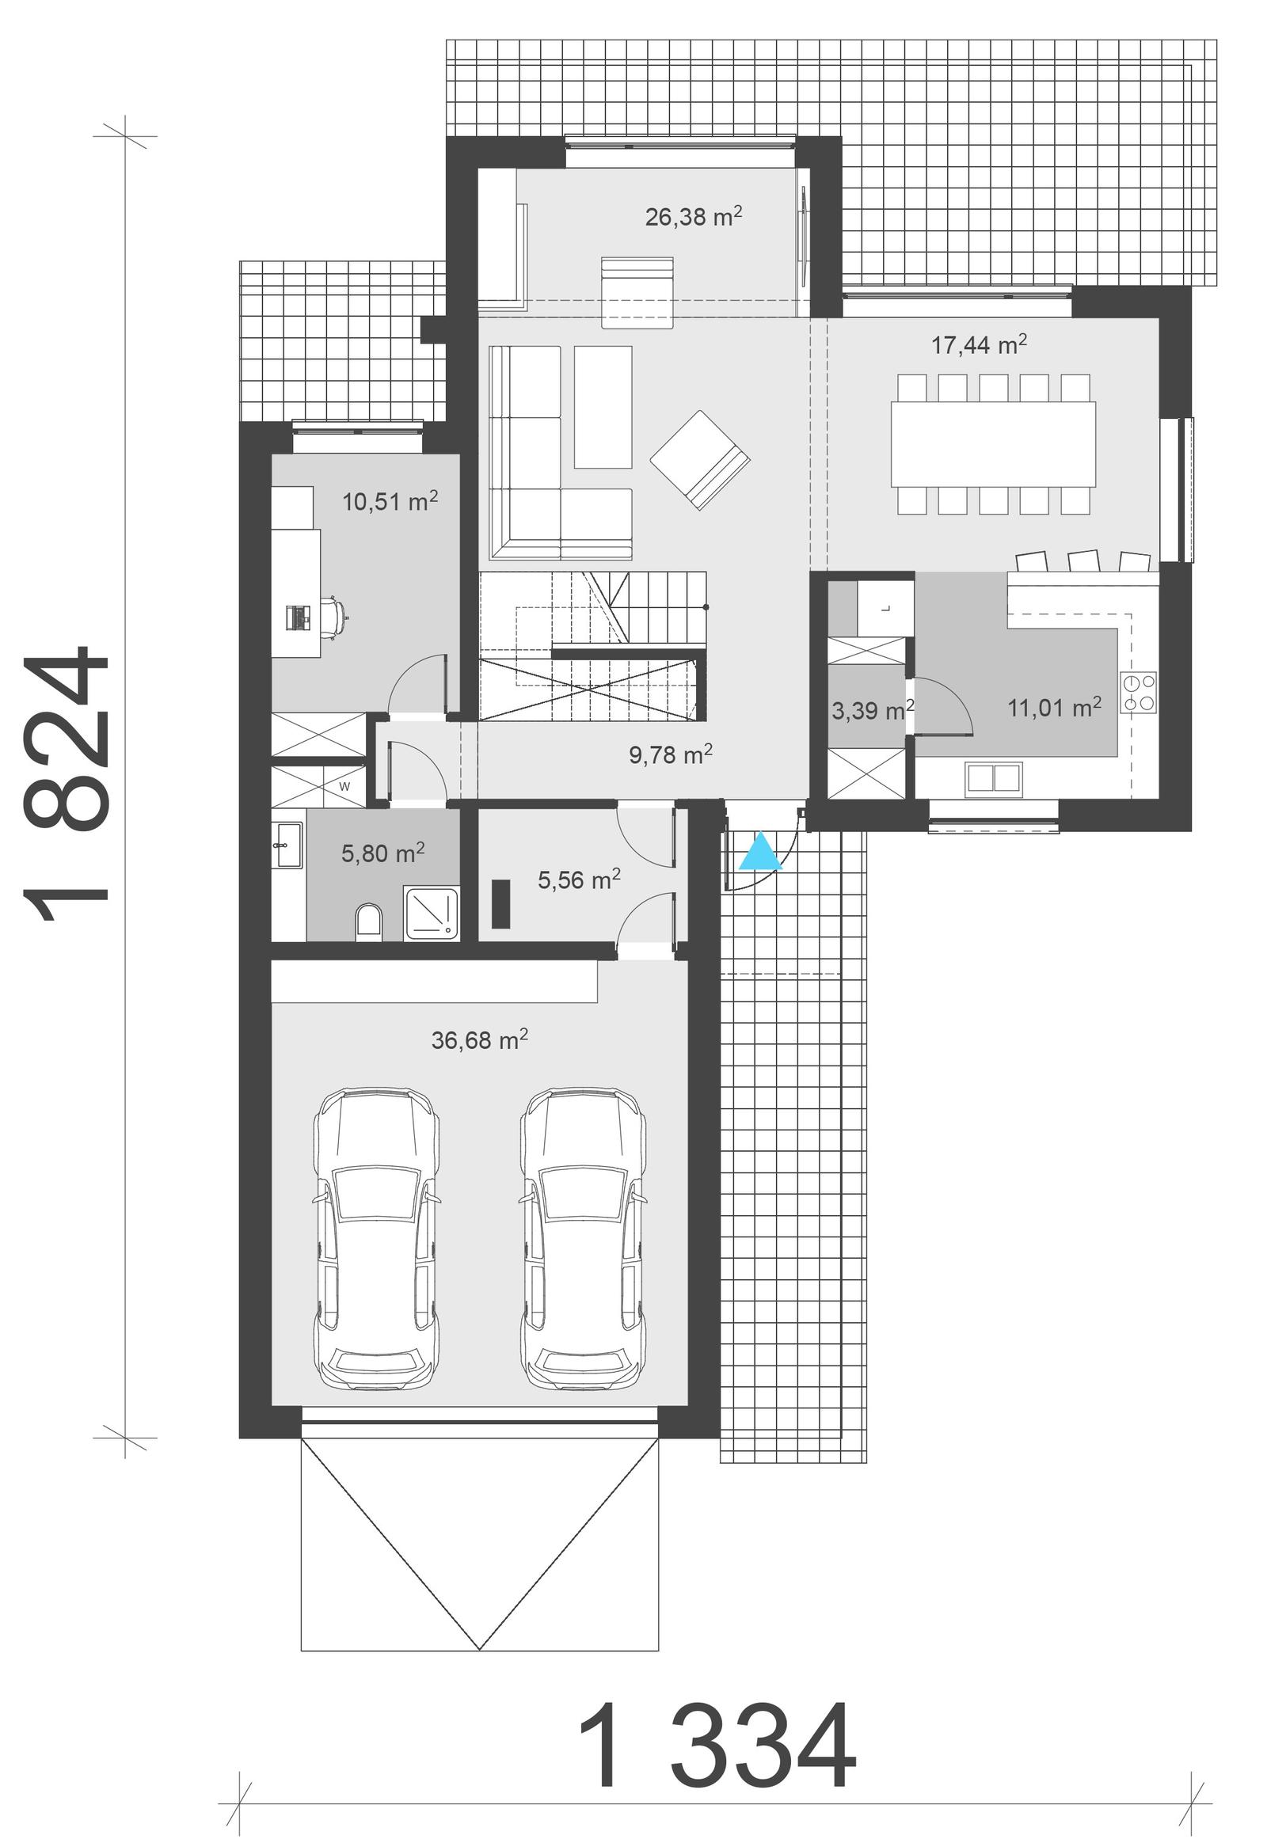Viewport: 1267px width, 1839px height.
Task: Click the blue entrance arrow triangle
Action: (x=760, y=853)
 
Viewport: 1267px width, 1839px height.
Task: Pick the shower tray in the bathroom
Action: (x=431, y=914)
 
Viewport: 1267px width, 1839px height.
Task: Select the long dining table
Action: (x=992, y=443)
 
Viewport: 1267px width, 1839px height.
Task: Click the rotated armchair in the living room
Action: (x=699, y=461)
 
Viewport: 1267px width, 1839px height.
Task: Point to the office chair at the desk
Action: (x=333, y=615)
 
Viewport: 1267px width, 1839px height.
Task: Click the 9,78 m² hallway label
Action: (x=670, y=754)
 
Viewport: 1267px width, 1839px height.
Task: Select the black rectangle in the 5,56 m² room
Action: (x=500, y=904)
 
